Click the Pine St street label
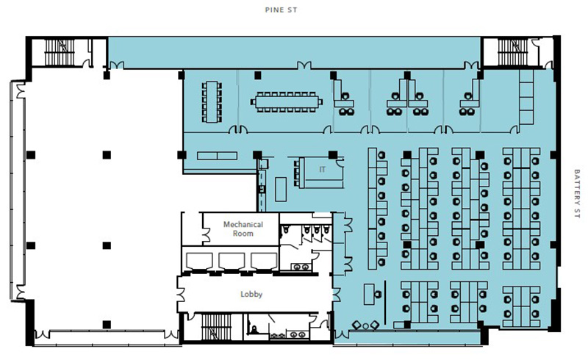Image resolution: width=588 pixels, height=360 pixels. click(x=281, y=10)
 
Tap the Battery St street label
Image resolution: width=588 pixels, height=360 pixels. click(x=577, y=193)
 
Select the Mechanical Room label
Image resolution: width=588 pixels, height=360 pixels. click(x=243, y=228)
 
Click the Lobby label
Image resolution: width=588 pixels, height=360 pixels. click(x=251, y=294)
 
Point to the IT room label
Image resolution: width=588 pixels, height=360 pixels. click(x=322, y=170)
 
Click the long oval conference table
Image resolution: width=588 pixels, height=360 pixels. click(x=287, y=101)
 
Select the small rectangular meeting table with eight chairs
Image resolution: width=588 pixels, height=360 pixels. click(x=212, y=101)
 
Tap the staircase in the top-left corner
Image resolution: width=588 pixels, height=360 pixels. click(x=60, y=52)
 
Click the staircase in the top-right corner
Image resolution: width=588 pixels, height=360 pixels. click(x=512, y=52)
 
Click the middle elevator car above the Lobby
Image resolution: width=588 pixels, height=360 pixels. click(x=232, y=261)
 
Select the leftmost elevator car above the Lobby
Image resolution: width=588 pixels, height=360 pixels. click(x=199, y=261)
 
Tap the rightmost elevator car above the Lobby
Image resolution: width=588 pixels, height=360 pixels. click(x=264, y=261)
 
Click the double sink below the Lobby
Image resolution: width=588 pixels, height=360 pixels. click(x=298, y=334)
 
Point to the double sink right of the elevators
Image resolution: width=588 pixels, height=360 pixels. click(x=301, y=267)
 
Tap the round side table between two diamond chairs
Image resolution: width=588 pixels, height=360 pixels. click(x=365, y=326)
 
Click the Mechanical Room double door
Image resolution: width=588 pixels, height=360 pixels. click(x=206, y=235)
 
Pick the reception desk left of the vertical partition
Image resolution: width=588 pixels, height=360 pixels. click(x=369, y=295)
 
